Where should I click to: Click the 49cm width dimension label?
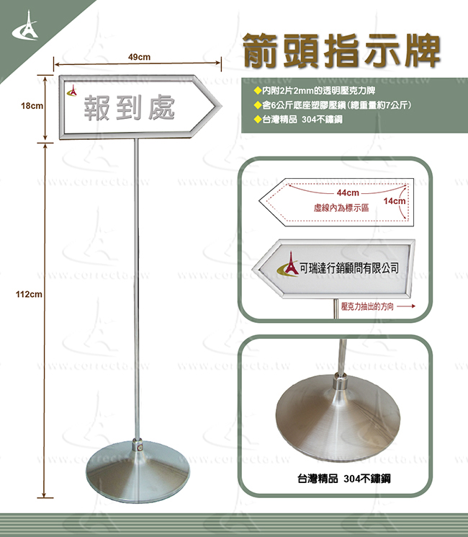coord(139,57)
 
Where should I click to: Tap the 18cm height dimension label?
coord(32,106)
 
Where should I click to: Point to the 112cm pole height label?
coord(29,294)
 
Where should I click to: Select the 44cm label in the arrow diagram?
coord(348,192)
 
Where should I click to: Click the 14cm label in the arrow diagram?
coord(395,201)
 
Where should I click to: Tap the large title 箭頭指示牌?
coord(342,50)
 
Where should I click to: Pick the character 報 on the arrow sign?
coord(97,108)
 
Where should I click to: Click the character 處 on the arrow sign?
coord(161,108)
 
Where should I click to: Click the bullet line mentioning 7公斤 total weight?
coord(332,105)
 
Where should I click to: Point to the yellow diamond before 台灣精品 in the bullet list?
coord(257,120)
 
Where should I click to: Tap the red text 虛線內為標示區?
coord(341,208)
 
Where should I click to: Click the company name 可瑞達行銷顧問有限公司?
coord(349,268)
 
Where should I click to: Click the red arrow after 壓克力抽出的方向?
coord(406,306)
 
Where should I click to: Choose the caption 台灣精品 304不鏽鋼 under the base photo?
coord(344,479)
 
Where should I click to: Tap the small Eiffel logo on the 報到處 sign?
coord(73,91)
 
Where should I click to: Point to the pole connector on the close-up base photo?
coord(341,382)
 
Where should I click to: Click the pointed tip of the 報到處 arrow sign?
coord(220,107)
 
